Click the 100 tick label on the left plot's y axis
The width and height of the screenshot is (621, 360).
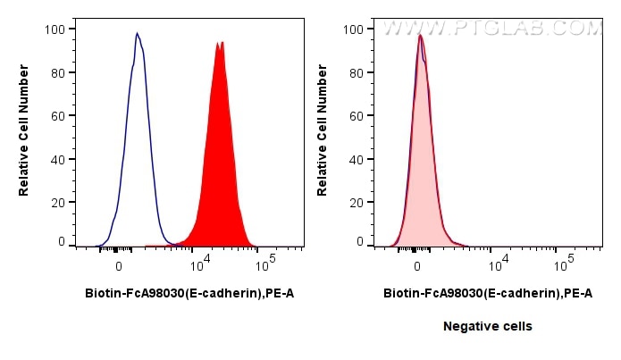55,29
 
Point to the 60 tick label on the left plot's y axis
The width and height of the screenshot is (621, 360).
58,116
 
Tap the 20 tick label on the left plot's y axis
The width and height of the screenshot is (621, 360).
58,203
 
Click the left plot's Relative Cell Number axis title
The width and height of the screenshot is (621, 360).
24,135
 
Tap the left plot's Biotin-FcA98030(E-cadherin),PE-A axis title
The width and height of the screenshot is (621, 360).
189,292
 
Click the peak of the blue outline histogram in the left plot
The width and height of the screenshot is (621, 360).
137,34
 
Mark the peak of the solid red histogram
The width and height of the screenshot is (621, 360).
219,42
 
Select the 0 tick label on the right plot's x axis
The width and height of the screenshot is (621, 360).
416,266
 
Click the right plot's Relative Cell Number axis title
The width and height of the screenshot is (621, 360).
323,135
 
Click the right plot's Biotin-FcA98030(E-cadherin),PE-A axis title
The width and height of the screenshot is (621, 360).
488,292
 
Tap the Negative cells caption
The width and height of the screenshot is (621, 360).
488,327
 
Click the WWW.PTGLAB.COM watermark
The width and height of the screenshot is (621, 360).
492,28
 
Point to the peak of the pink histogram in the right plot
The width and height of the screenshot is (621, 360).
420,36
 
